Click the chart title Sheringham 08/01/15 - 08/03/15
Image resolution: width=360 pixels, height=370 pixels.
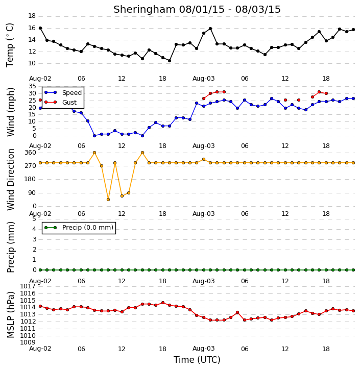pyautogui.click(x=197, y=10)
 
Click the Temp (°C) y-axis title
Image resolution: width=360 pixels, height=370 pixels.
pyautogui.click(x=10, y=45)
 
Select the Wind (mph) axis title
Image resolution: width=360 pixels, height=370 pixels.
pyautogui.click(x=10, y=112)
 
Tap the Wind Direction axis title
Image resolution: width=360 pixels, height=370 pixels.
pyautogui.click(x=10, y=180)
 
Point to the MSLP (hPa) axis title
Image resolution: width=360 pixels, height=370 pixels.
pyautogui.click(x=10, y=315)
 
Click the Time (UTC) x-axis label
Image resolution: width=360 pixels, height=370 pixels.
pyautogui.click(x=197, y=360)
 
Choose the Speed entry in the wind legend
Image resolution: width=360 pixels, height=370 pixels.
pyautogui.click(x=63, y=93)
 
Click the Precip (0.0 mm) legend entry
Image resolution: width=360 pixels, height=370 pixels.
pyautogui.click(x=79, y=228)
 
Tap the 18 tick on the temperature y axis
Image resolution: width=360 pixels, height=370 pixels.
pyautogui.click(x=32, y=16)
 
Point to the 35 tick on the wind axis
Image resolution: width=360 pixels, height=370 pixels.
pyautogui.click(x=32, y=86)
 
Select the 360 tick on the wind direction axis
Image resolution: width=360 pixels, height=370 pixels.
pyautogui.click(x=31, y=153)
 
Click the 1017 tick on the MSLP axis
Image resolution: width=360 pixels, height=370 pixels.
pyautogui.click(x=28, y=286)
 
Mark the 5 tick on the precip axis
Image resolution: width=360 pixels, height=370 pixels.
pyautogui.click(x=34, y=219)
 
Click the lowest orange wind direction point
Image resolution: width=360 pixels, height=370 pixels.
pyautogui.click(x=108, y=200)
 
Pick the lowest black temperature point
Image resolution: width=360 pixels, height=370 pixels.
pyautogui.click(x=169, y=61)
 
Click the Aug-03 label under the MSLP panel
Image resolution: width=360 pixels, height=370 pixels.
pyautogui.click(x=203, y=349)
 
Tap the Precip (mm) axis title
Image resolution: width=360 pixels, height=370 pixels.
pyautogui.click(x=10, y=248)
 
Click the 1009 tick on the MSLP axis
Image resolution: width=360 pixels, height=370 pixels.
pyautogui.click(x=28, y=342)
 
